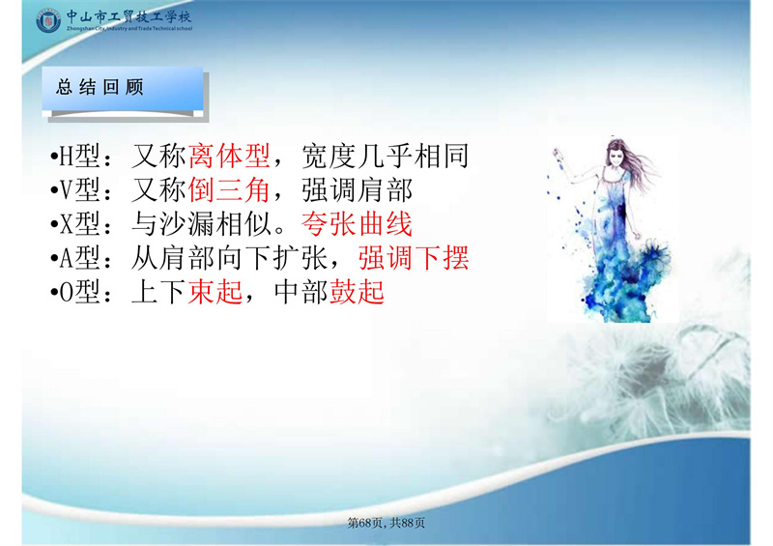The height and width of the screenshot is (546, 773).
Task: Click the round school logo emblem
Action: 48,21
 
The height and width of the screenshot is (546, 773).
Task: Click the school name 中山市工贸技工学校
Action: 129,16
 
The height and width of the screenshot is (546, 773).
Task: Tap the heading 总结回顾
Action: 100,87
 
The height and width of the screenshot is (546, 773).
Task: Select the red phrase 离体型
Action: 229,156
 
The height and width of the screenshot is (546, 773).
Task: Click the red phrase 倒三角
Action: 229,189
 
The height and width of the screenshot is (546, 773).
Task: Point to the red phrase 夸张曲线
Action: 357,224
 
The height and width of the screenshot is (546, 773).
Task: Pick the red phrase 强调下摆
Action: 414,257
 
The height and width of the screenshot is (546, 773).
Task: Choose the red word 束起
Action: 215,291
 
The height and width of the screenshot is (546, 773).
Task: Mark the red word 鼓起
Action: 357,291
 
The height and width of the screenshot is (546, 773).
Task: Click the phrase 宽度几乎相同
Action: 385,156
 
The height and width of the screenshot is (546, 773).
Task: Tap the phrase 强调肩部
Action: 357,189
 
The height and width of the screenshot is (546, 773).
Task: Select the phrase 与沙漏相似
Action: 202,224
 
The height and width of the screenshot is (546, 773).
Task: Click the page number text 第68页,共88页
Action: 386,523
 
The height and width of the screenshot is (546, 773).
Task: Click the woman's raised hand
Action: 558,154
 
